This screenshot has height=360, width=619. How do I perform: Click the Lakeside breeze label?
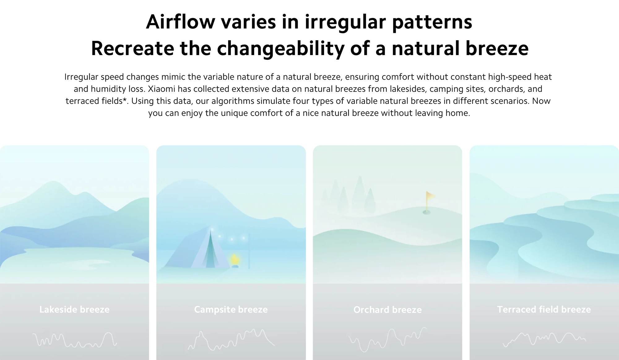74,309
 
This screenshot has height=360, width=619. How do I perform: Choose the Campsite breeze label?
231,310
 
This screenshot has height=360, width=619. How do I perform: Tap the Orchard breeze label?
387,310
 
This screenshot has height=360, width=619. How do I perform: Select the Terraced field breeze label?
544,309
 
